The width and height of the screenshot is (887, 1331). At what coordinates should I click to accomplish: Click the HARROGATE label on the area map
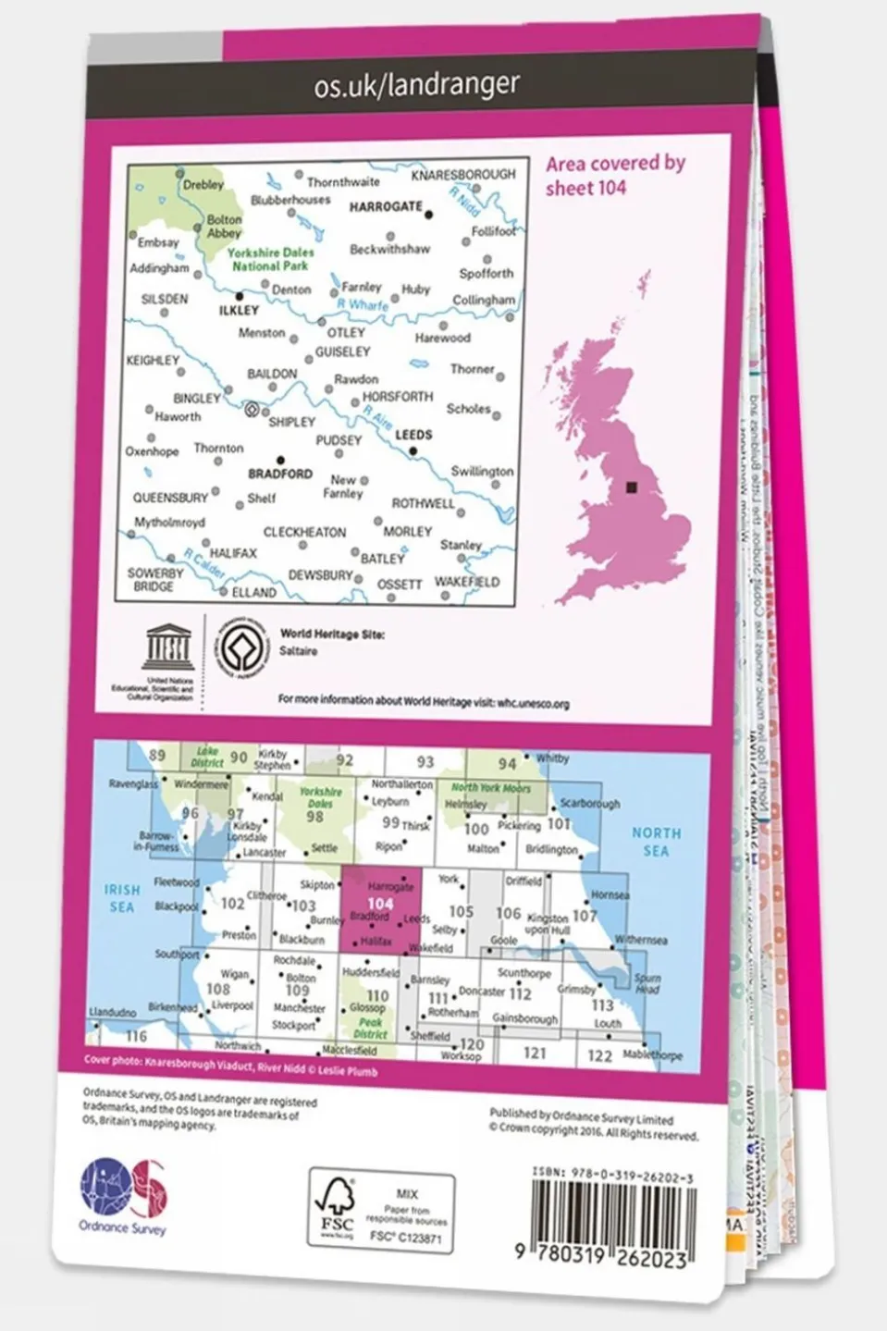click(x=385, y=206)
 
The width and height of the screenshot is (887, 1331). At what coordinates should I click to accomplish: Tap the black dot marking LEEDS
click(x=413, y=452)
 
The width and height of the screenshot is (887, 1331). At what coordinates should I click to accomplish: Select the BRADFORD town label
click(x=280, y=474)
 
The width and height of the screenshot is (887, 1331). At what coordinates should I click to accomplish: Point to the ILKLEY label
click(x=239, y=311)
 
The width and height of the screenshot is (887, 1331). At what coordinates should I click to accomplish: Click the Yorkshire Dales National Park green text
click(x=271, y=259)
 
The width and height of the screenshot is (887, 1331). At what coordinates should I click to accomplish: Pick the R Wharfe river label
click(x=363, y=304)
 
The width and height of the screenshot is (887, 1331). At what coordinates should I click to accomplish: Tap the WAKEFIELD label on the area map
click(x=466, y=582)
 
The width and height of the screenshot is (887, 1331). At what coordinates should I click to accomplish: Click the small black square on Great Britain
click(x=633, y=487)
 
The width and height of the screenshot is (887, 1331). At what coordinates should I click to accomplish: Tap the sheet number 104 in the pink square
click(x=380, y=904)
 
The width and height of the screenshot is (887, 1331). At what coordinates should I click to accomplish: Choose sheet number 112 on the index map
click(x=520, y=993)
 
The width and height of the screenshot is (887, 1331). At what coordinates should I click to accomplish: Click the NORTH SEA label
click(x=656, y=842)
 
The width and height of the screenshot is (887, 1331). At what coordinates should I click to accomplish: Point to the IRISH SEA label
click(x=122, y=898)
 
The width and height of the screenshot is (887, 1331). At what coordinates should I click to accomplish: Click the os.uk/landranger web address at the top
click(x=416, y=86)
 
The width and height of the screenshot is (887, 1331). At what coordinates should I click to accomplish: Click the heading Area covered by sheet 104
click(x=614, y=175)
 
